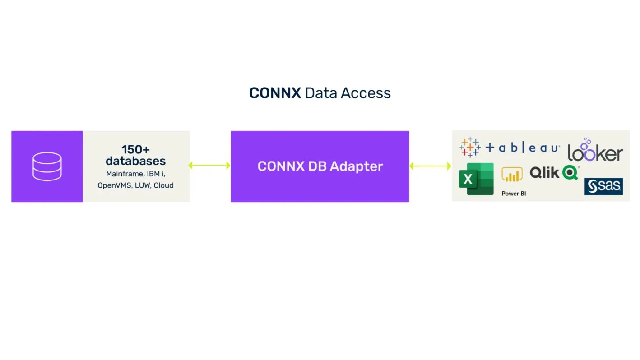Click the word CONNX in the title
point(275,93)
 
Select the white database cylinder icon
point(47,166)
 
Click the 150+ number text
point(135,149)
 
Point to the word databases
point(135,161)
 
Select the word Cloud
point(163,185)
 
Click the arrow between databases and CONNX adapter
point(209,166)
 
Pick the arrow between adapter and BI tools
point(430,166)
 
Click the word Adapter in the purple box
point(357,166)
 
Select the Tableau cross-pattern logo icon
point(470,147)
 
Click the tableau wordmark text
point(523,148)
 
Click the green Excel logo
point(476,179)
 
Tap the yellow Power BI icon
point(512,175)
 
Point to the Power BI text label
point(514,194)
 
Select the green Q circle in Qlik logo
point(570,172)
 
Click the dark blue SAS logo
point(603,186)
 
